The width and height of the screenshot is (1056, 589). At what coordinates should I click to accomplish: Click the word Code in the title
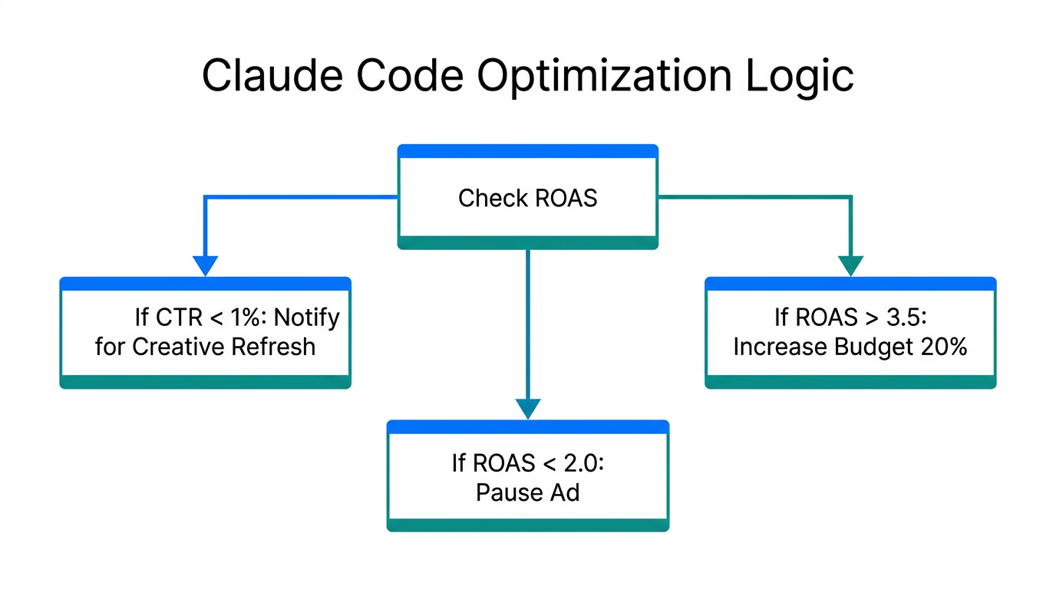pyautogui.click(x=421, y=76)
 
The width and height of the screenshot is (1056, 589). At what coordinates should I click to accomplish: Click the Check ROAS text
pyautogui.click(x=527, y=198)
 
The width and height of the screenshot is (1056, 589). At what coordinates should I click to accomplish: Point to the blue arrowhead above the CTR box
pyautogui.click(x=205, y=265)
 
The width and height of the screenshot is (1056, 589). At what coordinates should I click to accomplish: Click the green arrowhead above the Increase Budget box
pyautogui.click(x=850, y=265)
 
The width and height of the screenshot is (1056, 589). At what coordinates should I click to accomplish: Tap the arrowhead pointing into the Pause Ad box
pyautogui.click(x=528, y=408)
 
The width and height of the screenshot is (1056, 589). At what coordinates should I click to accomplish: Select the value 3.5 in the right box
pyautogui.click(x=904, y=318)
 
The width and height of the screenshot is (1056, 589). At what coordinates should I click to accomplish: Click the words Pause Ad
pyautogui.click(x=527, y=492)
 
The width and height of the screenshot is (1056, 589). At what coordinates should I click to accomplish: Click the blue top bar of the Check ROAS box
pyautogui.click(x=527, y=151)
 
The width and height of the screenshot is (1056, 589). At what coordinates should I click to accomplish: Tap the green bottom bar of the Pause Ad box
pyautogui.click(x=527, y=525)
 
